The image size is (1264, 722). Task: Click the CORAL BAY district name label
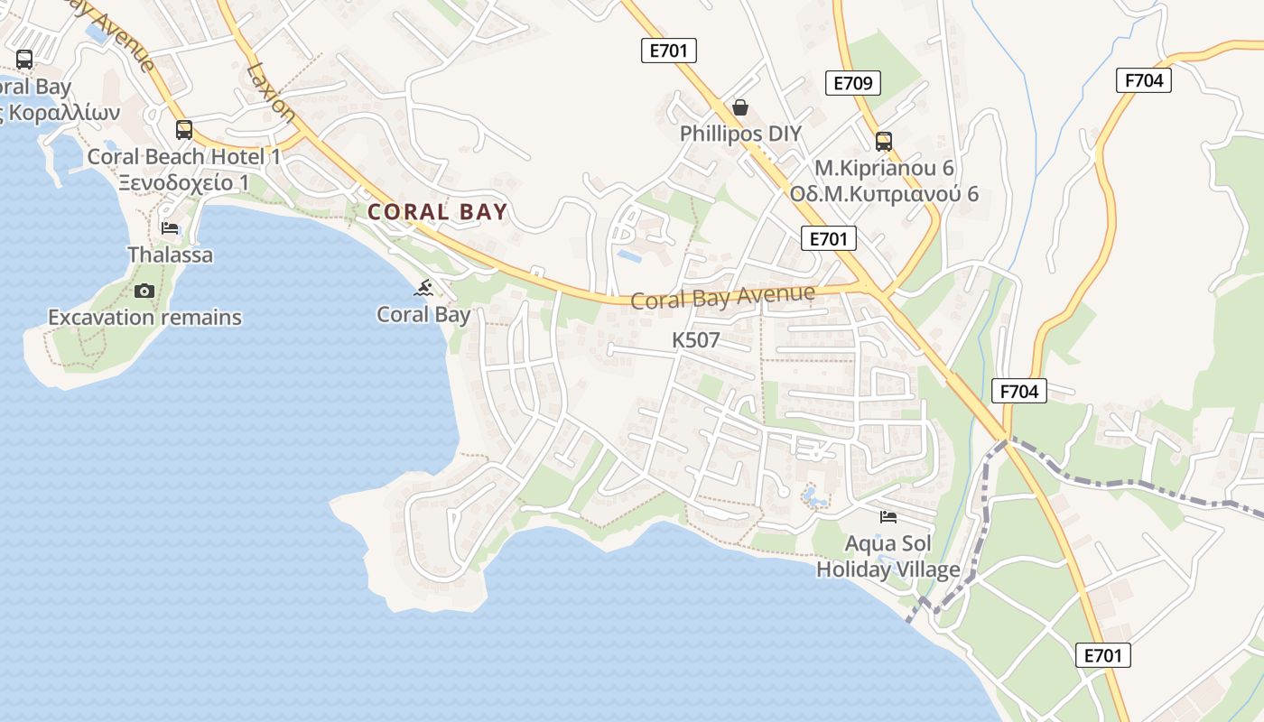click(x=438, y=212)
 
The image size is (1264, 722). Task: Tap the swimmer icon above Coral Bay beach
click(x=423, y=289)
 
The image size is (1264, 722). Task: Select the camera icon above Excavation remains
click(x=144, y=291)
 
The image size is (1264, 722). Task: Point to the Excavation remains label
click(x=144, y=318)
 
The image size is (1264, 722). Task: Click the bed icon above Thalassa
click(x=170, y=228)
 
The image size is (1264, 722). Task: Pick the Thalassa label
click(x=171, y=255)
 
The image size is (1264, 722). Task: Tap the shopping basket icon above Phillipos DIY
click(x=740, y=107)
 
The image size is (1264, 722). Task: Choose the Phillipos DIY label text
click(x=740, y=134)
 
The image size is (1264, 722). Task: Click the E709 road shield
click(x=852, y=84)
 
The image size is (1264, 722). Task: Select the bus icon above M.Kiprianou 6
click(x=883, y=142)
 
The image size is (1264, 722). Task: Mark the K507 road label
click(x=696, y=340)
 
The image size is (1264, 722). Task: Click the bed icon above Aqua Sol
click(x=888, y=517)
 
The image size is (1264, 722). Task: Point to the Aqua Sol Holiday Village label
click(x=888, y=557)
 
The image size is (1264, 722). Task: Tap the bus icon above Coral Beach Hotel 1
click(x=184, y=130)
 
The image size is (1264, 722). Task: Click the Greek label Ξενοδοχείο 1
click(x=183, y=182)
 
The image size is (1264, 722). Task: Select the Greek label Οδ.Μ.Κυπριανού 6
click(x=884, y=194)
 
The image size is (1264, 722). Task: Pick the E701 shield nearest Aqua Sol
click(x=1103, y=655)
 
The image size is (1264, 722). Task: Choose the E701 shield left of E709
click(x=669, y=51)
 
